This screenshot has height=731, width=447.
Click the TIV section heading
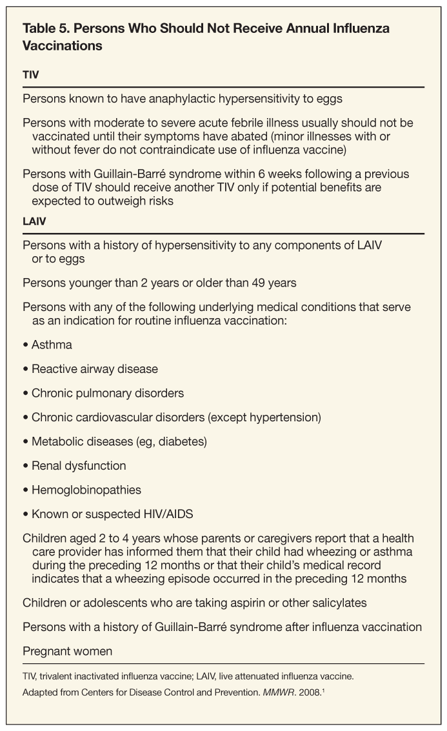point(30,75)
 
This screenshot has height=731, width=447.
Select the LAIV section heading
point(34,221)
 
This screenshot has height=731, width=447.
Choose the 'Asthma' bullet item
point(52,345)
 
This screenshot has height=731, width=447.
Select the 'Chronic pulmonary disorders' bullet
point(107,393)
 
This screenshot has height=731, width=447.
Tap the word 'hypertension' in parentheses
point(285,417)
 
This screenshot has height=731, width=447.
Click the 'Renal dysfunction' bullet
point(79,466)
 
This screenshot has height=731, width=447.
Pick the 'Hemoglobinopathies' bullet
point(86,490)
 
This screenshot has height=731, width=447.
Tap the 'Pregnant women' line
point(67,651)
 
